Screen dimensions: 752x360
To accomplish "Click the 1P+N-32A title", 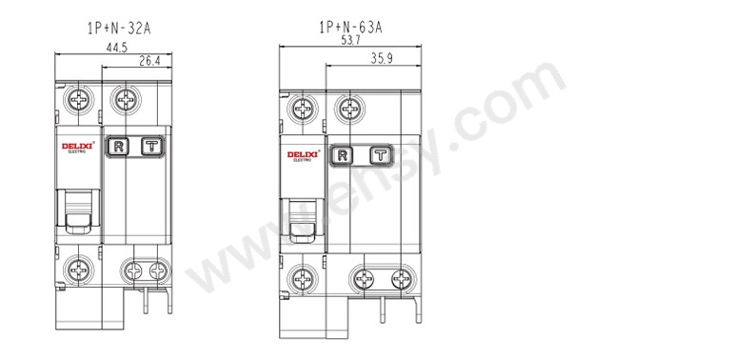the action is [118, 29].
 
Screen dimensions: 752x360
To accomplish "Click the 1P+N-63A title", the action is [350, 28].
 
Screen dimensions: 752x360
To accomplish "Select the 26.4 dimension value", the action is [149, 61].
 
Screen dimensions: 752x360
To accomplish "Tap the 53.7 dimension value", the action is [350, 40].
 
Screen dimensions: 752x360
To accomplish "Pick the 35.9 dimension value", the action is [382, 58].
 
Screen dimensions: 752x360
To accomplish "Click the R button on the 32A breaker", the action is [119, 147].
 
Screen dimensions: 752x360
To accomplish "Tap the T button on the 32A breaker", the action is [152, 147].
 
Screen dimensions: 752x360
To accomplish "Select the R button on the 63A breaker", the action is [343, 155].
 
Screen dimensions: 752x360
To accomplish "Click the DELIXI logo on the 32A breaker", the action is [77, 147].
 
